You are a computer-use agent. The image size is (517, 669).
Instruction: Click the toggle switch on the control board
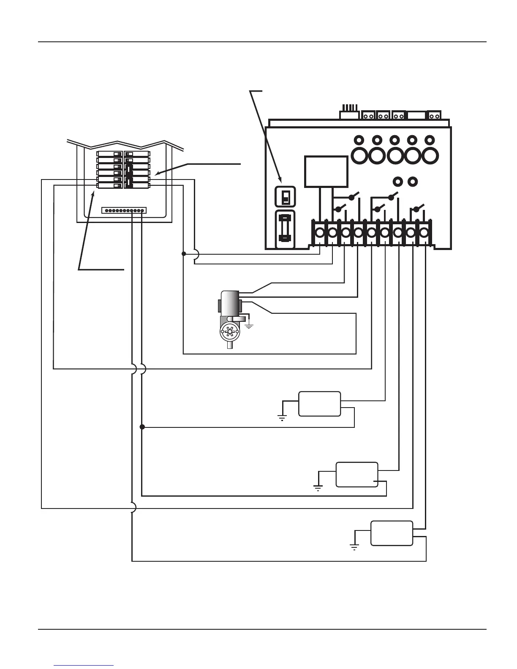coord(285,196)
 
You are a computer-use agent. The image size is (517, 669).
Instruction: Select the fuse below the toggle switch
coord(285,230)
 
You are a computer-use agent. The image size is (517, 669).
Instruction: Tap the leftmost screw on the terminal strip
coord(319,233)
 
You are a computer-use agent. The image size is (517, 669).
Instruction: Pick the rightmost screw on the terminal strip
coord(424,233)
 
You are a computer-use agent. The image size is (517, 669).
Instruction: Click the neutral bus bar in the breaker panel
coord(125,210)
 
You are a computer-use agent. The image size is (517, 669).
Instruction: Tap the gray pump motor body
coord(229,302)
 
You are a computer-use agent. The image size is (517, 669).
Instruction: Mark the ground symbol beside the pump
coord(249,326)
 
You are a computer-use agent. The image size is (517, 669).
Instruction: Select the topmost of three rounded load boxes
coord(319,404)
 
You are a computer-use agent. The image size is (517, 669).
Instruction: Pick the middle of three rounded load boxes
coord(357,474)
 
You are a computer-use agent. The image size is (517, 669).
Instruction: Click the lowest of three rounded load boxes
coord(392,533)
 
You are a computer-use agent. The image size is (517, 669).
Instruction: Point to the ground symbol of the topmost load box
coord(282,419)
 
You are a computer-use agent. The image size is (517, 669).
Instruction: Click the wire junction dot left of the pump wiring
coord(183,254)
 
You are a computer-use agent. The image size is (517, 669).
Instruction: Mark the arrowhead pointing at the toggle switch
coord(280,181)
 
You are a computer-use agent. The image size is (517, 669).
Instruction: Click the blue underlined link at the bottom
coord(84,665)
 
